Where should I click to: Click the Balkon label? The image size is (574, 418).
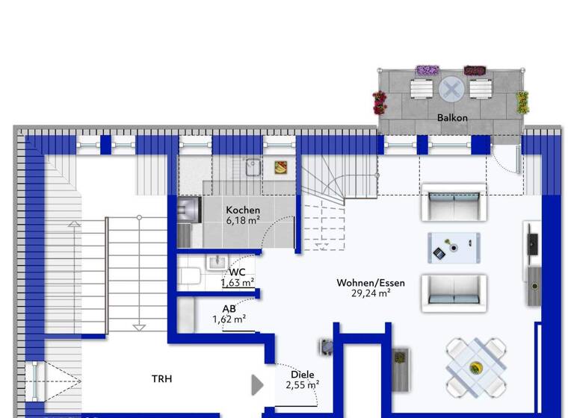pos(452,118)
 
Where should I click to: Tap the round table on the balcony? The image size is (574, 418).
pos(451,90)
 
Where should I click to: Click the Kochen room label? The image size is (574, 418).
pos(243,210)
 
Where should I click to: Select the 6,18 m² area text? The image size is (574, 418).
pos(243,221)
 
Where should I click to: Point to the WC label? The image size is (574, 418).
pos(237,272)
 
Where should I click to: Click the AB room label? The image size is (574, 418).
pos(229,308)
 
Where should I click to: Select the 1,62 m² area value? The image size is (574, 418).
pos(229,319)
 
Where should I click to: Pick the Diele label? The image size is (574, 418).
pos(303,375)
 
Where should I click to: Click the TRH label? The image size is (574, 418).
pos(162,379)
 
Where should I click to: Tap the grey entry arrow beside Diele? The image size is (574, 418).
pos(257,385)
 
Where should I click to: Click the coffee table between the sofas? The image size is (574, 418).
pos(454,248)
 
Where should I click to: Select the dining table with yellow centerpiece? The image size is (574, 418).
pos(475,367)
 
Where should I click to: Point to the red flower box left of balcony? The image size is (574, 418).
pos(380,102)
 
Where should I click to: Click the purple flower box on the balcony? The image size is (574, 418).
pos(427,70)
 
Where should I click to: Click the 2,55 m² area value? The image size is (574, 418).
pos(302,386)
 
